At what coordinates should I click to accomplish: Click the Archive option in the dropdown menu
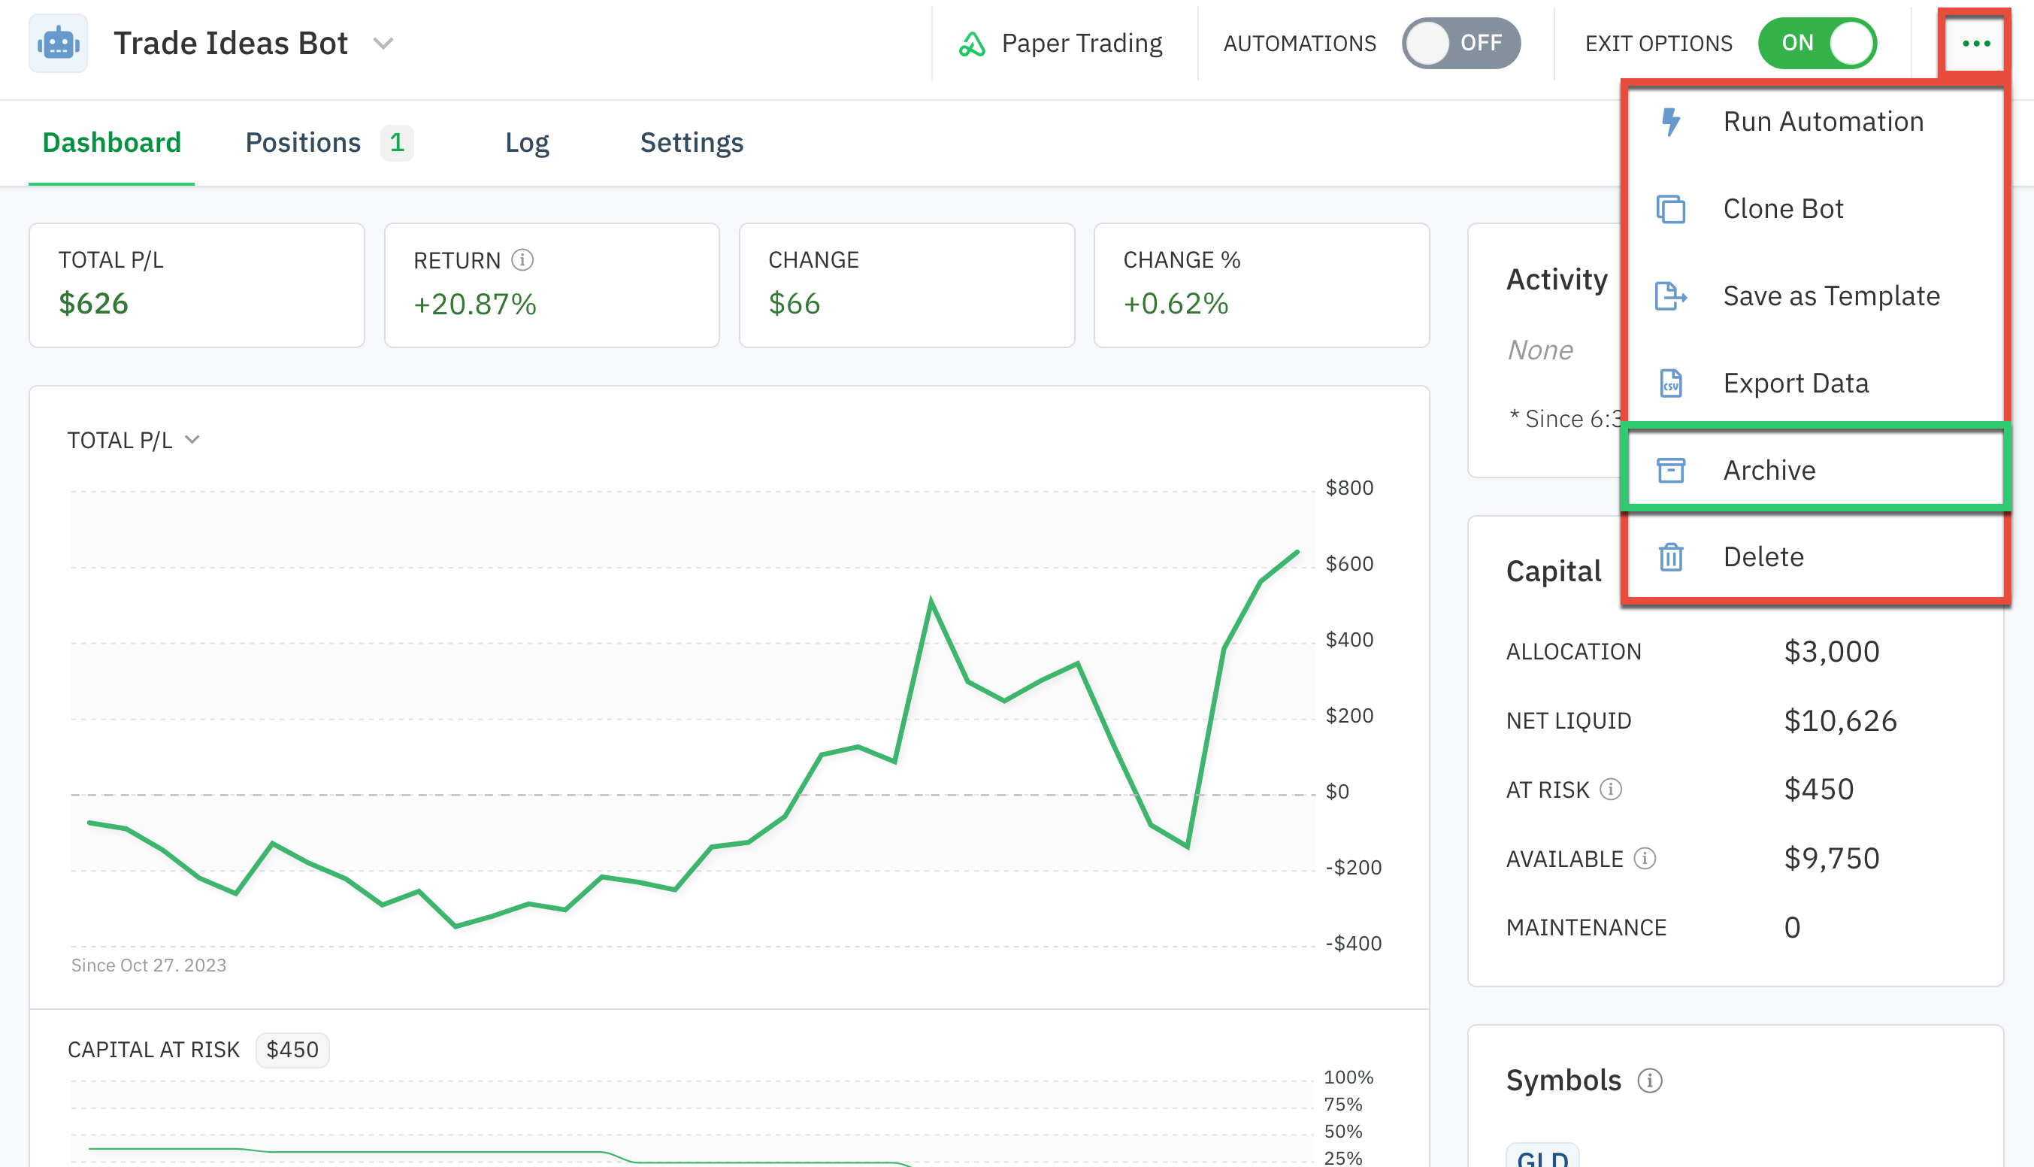click(1769, 470)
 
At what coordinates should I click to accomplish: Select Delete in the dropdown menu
click(1763, 557)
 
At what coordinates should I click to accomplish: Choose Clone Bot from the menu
click(1782, 209)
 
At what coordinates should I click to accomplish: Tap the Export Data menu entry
click(1795, 383)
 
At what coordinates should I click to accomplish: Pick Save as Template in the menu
click(1830, 296)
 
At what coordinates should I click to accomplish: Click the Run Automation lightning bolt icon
click(1670, 122)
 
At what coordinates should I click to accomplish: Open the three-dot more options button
click(1975, 44)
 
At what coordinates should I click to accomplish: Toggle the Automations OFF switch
click(1460, 44)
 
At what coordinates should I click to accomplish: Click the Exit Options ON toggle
click(1817, 44)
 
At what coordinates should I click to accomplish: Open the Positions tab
click(303, 143)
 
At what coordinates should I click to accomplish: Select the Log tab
click(526, 143)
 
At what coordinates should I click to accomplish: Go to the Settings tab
click(692, 143)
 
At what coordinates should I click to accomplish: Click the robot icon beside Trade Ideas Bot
click(59, 44)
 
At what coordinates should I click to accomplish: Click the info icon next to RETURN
click(522, 259)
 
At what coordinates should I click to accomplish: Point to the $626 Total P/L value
click(94, 304)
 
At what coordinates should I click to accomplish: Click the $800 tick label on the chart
click(1349, 487)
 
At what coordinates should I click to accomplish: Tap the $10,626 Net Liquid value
click(1840, 720)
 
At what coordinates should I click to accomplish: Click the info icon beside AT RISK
click(1610, 790)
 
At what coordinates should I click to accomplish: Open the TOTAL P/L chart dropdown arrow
click(192, 439)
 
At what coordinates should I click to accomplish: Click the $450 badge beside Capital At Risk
click(292, 1050)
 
